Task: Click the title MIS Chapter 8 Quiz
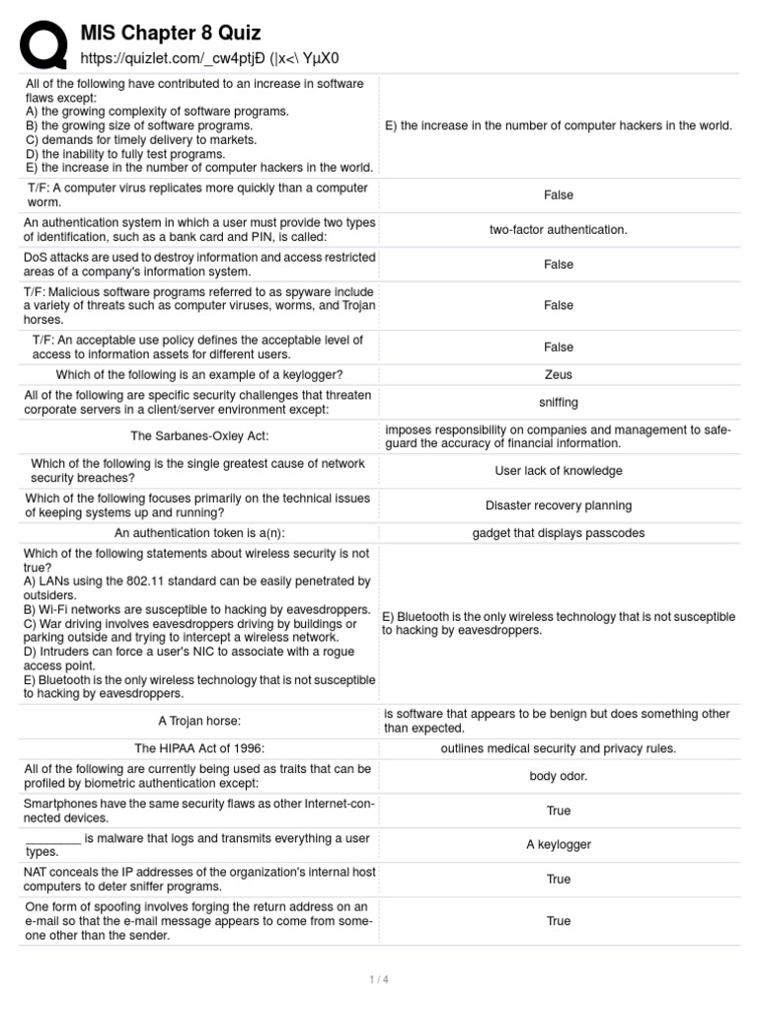coord(170,35)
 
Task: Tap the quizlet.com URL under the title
coord(214,58)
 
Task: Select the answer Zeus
coord(558,374)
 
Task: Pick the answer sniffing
coord(558,402)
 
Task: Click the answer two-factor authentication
coord(558,229)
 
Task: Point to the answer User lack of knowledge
coord(558,471)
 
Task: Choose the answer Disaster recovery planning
coord(558,505)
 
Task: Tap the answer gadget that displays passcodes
coord(558,533)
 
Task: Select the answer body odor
coord(558,776)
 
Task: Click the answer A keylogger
coord(558,844)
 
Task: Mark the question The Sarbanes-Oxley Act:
coord(199,436)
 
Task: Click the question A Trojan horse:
coord(199,721)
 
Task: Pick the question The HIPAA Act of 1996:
coord(199,748)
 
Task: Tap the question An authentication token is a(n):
coord(199,533)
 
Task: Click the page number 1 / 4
coord(379,979)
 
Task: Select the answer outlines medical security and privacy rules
coord(558,748)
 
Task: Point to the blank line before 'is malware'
coord(53,839)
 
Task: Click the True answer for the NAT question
coord(558,879)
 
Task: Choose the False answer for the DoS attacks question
coord(558,265)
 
